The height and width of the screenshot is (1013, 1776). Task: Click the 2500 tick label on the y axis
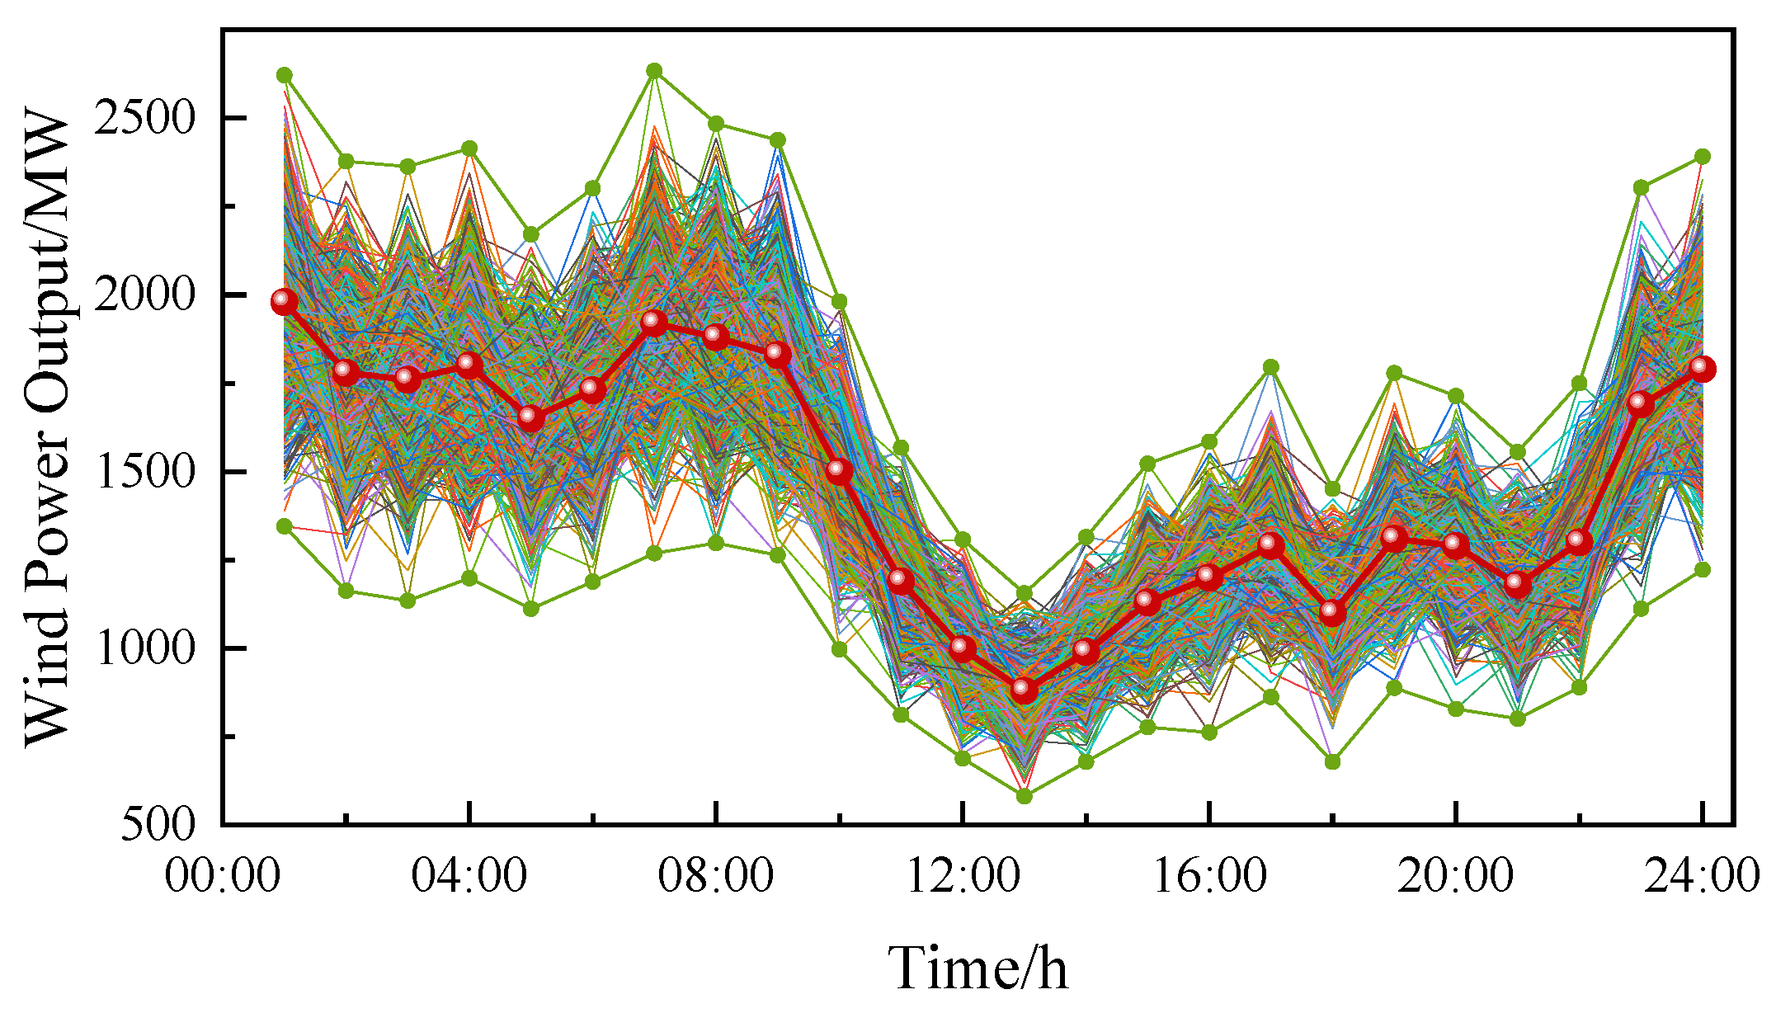[144, 118]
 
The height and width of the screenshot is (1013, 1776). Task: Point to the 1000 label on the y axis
[144, 648]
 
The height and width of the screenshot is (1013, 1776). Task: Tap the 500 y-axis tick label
[159, 824]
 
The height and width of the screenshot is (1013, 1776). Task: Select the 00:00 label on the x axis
[222, 875]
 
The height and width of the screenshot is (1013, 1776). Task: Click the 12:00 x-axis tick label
[963, 875]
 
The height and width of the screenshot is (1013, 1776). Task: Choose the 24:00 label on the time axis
[1702, 875]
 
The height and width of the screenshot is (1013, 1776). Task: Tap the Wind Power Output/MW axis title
[47, 429]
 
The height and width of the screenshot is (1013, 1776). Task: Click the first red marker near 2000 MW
[284, 301]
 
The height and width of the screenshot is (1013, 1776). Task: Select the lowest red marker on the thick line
[1024, 689]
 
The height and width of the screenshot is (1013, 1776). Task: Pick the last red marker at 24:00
[1703, 368]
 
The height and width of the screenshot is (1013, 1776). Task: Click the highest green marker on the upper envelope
[654, 71]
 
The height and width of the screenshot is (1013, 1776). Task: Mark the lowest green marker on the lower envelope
[1024, 796]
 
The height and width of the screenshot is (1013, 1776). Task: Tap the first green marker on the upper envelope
[285, 75]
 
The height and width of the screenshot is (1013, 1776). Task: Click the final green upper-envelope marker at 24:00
[1703, 156]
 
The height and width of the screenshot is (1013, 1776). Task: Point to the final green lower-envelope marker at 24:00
[1703, 569]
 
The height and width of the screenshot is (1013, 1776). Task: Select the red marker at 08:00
[716, 336]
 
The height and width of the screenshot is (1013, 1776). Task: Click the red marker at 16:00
[1209, 576]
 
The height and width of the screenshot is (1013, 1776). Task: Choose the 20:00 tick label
[1456, 875]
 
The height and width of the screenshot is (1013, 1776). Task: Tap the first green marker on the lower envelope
[285, 525]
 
